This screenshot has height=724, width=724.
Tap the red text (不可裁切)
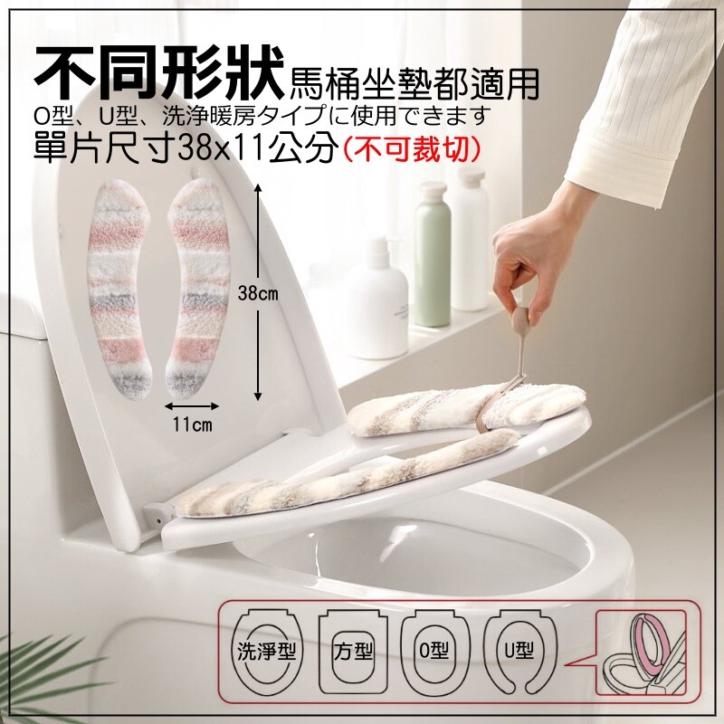point(411,149)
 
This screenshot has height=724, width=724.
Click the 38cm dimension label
point(258,293)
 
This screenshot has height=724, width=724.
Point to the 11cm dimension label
point(193,424)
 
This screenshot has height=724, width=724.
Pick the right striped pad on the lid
point(197,289)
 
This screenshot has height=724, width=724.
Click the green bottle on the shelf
point(432,254)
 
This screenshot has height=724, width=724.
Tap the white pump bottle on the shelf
point(378,300)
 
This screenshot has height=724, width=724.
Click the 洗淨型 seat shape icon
point(267,652)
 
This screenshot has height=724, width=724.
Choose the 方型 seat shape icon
point(353,652)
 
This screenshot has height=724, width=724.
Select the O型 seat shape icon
point(434,652)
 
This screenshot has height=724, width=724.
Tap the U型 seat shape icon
point(519,652)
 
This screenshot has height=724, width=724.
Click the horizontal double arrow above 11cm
point(192,405)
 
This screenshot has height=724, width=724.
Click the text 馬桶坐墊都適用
point(414,83)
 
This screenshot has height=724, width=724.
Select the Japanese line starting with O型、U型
point(262,116)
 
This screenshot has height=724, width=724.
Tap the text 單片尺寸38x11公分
point(185,149)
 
